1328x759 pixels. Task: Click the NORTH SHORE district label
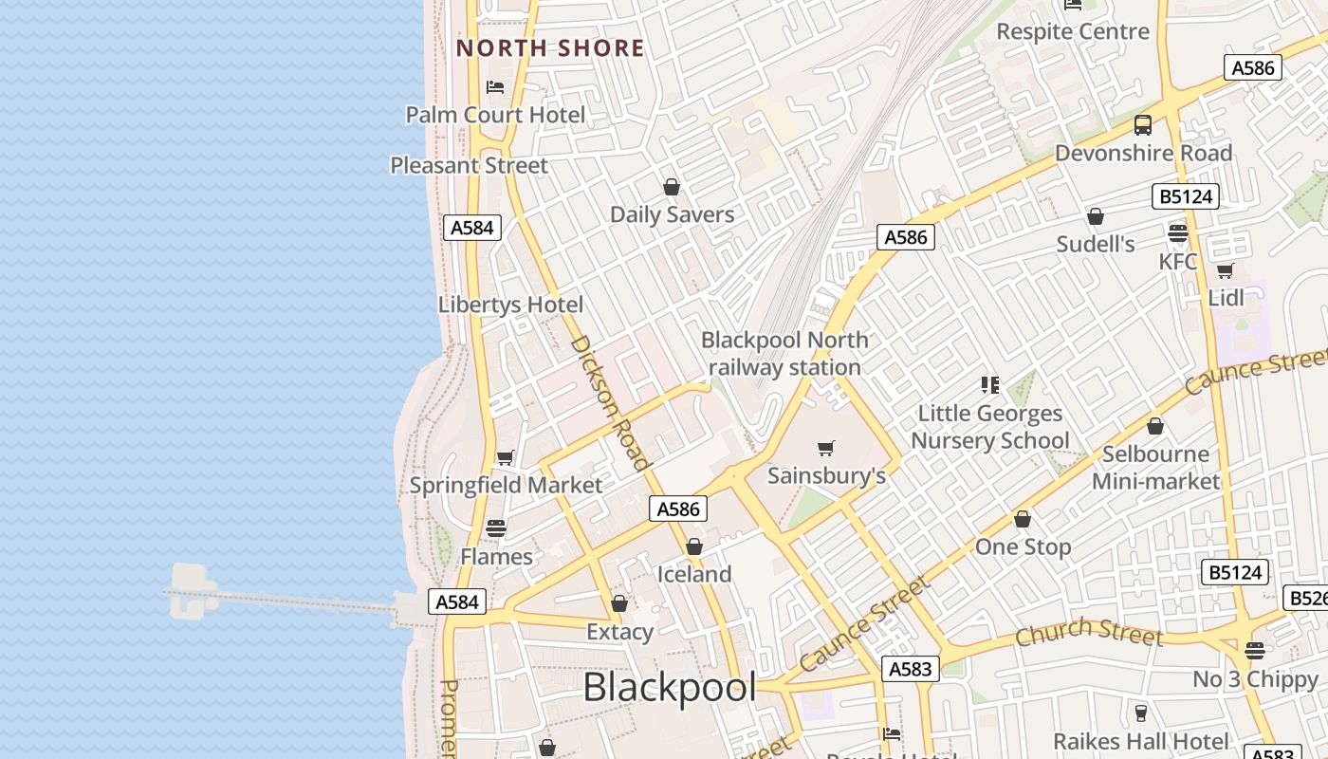pos(550,48)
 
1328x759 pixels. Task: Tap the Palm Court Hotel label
pos(495,115)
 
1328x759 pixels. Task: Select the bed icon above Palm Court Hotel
pos(494,87)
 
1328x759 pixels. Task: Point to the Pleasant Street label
pos(469,165)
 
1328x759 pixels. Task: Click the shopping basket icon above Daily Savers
pos(672,187)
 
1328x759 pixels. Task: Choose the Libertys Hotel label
pos(510,305)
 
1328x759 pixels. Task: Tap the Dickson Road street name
pos(611,402)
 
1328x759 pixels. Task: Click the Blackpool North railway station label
pos(784,353)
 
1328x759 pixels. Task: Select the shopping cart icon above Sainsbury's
pos(826,448)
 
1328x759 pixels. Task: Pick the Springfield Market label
pos(506,485)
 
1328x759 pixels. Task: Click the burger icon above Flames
pos(496,528)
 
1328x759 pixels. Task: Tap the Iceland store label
pos(694,574)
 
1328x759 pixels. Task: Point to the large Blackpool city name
pos(670,688)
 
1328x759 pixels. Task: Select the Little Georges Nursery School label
pos(990,427)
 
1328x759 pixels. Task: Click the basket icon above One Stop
pos(1023,520)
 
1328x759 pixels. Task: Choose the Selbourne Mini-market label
pos(1155,467)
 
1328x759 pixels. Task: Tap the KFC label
pos(1178,261)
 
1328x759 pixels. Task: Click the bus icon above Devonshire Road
pos(1143,125)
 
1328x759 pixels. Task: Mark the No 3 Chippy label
pos(1255,679)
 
